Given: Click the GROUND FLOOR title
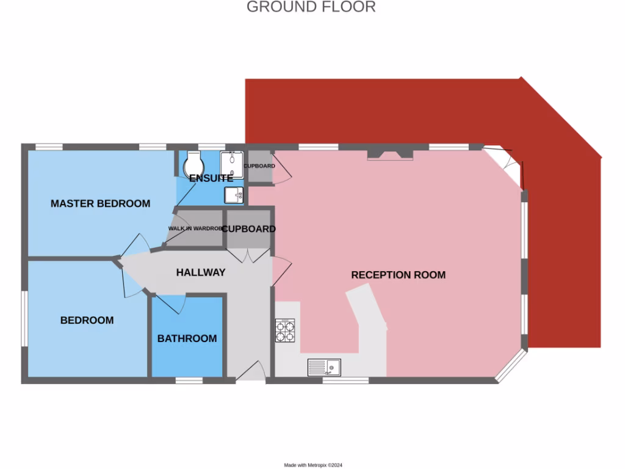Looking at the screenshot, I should tap(311, 7).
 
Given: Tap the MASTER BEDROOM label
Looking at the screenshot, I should tap(100, 203).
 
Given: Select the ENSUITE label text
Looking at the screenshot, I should tap(211, 178).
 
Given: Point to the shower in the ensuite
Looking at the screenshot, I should tap(232, 164).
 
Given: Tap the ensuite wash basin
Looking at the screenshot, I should tap(234, 195).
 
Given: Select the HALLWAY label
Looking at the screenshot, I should tap(201, 272).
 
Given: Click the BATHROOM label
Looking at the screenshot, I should tap(187, 338).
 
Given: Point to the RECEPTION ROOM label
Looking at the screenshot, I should tap(398, 275).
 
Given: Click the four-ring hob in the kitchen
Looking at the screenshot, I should tap(285, 330).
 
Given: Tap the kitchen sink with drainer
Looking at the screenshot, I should tap(324, 368).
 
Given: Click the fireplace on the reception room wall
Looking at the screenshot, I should tap(390, 155).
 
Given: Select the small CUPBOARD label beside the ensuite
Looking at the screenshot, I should tap(259, 166).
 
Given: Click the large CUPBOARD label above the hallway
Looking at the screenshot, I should tap(248, 229).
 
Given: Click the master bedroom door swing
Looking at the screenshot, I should tap(134, 245).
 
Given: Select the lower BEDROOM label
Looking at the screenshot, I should tap(87, 320).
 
